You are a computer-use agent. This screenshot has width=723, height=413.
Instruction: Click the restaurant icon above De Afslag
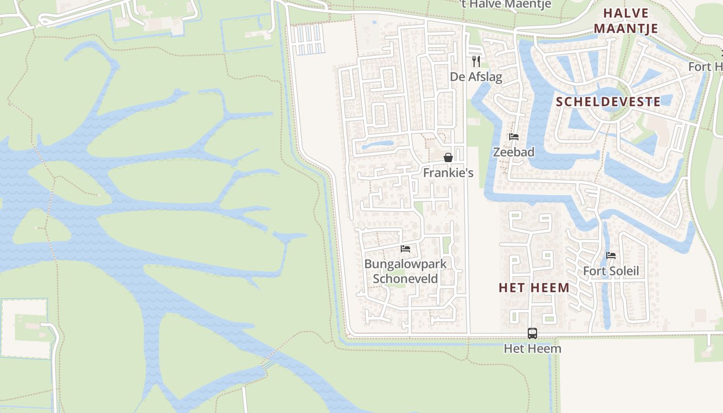(476, 61)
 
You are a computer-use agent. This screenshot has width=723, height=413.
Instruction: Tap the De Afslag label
(476, 77)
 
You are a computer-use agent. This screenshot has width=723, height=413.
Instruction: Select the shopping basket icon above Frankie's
(448, 157)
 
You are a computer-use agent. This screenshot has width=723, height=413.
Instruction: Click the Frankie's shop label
(448, 173)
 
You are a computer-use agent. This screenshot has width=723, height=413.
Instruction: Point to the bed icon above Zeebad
(513, 137)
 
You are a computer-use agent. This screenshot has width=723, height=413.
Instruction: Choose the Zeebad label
(513, 152)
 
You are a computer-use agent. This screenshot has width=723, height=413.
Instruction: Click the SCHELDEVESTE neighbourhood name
(608, 102)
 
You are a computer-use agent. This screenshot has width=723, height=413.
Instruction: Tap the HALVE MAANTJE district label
(626, 21)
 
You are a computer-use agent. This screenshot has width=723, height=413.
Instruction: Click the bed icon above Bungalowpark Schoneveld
(405, 249)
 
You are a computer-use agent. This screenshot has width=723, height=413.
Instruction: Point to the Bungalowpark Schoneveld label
(405, 271)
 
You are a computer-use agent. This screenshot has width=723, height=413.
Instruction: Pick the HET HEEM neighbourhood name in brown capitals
(534, 288)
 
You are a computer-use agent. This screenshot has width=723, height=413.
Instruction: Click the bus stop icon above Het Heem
(532, 333)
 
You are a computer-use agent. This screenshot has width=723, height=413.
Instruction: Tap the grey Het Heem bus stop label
(532, 349)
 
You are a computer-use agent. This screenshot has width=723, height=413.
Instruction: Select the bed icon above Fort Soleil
(611, 256)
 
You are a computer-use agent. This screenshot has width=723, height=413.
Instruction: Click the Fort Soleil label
(611, 271)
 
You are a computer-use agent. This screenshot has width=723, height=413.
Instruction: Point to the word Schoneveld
(405, 279)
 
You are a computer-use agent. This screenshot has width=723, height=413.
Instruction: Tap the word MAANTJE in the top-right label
(626, 28)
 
